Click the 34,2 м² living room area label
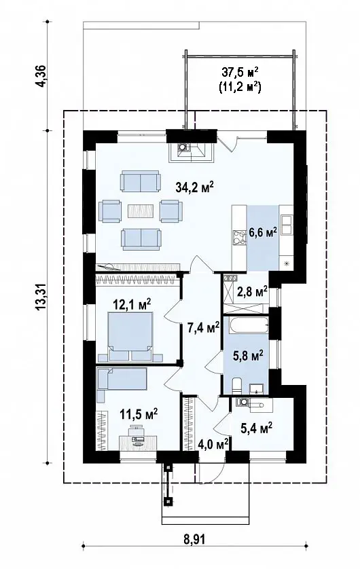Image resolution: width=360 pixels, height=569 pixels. [x=194, y=187]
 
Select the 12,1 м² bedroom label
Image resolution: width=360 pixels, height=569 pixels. [x=132, y=304]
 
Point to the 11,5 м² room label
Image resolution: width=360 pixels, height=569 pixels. [x=139, y=414]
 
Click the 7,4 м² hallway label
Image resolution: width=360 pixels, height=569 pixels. [x=203, y=327]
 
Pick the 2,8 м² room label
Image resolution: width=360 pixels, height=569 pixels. [x=252, y=291]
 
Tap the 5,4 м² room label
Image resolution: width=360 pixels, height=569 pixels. [x=257, y=428]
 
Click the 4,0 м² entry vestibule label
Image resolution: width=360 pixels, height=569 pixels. [x=213, y=444]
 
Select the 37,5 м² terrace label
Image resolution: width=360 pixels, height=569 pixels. [x=240, y=72]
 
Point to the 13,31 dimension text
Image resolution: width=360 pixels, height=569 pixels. [x=41, y=297]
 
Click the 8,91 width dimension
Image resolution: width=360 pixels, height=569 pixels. [x=194, y=539]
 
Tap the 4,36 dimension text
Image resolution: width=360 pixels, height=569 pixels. [x=41, y=76]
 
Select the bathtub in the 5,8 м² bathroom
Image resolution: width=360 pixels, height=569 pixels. [x=246, y=325]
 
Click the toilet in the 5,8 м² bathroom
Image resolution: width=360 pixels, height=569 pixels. [x=236, y=385]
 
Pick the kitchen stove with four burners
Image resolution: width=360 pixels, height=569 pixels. [x=239, y=237]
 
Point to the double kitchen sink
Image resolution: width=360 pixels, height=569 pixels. [x=287, y=225]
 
